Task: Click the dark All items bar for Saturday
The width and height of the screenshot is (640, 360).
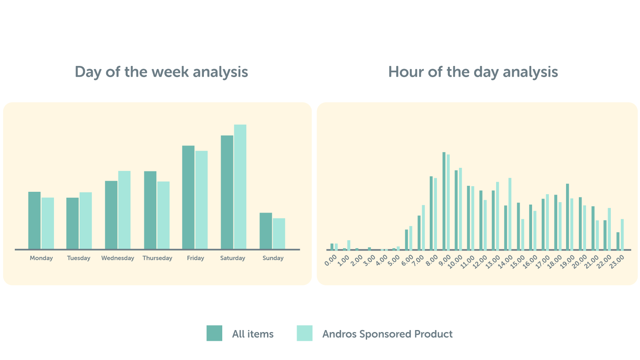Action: tap(227, 192)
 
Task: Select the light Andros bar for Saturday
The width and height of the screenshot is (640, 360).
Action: tap(240, 187)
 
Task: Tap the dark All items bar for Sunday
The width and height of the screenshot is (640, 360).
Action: tap(266, 231)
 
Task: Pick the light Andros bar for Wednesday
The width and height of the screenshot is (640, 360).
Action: tap(124, 210)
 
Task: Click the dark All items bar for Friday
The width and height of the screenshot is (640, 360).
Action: tap(188, 197)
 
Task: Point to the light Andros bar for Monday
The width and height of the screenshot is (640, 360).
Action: tap(48, 223)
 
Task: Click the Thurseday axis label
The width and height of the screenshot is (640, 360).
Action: tap(157, 258)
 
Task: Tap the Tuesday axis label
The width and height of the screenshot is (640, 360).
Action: tap(79, 258)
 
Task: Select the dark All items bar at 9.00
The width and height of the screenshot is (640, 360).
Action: tap(444, 201)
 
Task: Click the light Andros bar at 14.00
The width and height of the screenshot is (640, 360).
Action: tap(510, 214)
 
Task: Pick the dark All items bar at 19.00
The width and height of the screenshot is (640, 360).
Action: tap(567, 217)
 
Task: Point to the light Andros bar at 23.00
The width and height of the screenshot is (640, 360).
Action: tap(622, 234)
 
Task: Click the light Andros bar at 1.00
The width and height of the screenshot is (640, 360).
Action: tap(349, 245)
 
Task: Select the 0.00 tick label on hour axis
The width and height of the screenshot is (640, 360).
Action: tap(331, 261)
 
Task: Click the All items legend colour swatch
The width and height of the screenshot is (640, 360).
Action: tap(214, 333)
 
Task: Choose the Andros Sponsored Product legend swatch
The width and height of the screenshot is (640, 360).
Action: tap(305, 333)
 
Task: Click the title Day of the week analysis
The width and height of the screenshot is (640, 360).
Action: tap(161, 72)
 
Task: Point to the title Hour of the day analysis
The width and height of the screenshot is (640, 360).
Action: tap(473, 72)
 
